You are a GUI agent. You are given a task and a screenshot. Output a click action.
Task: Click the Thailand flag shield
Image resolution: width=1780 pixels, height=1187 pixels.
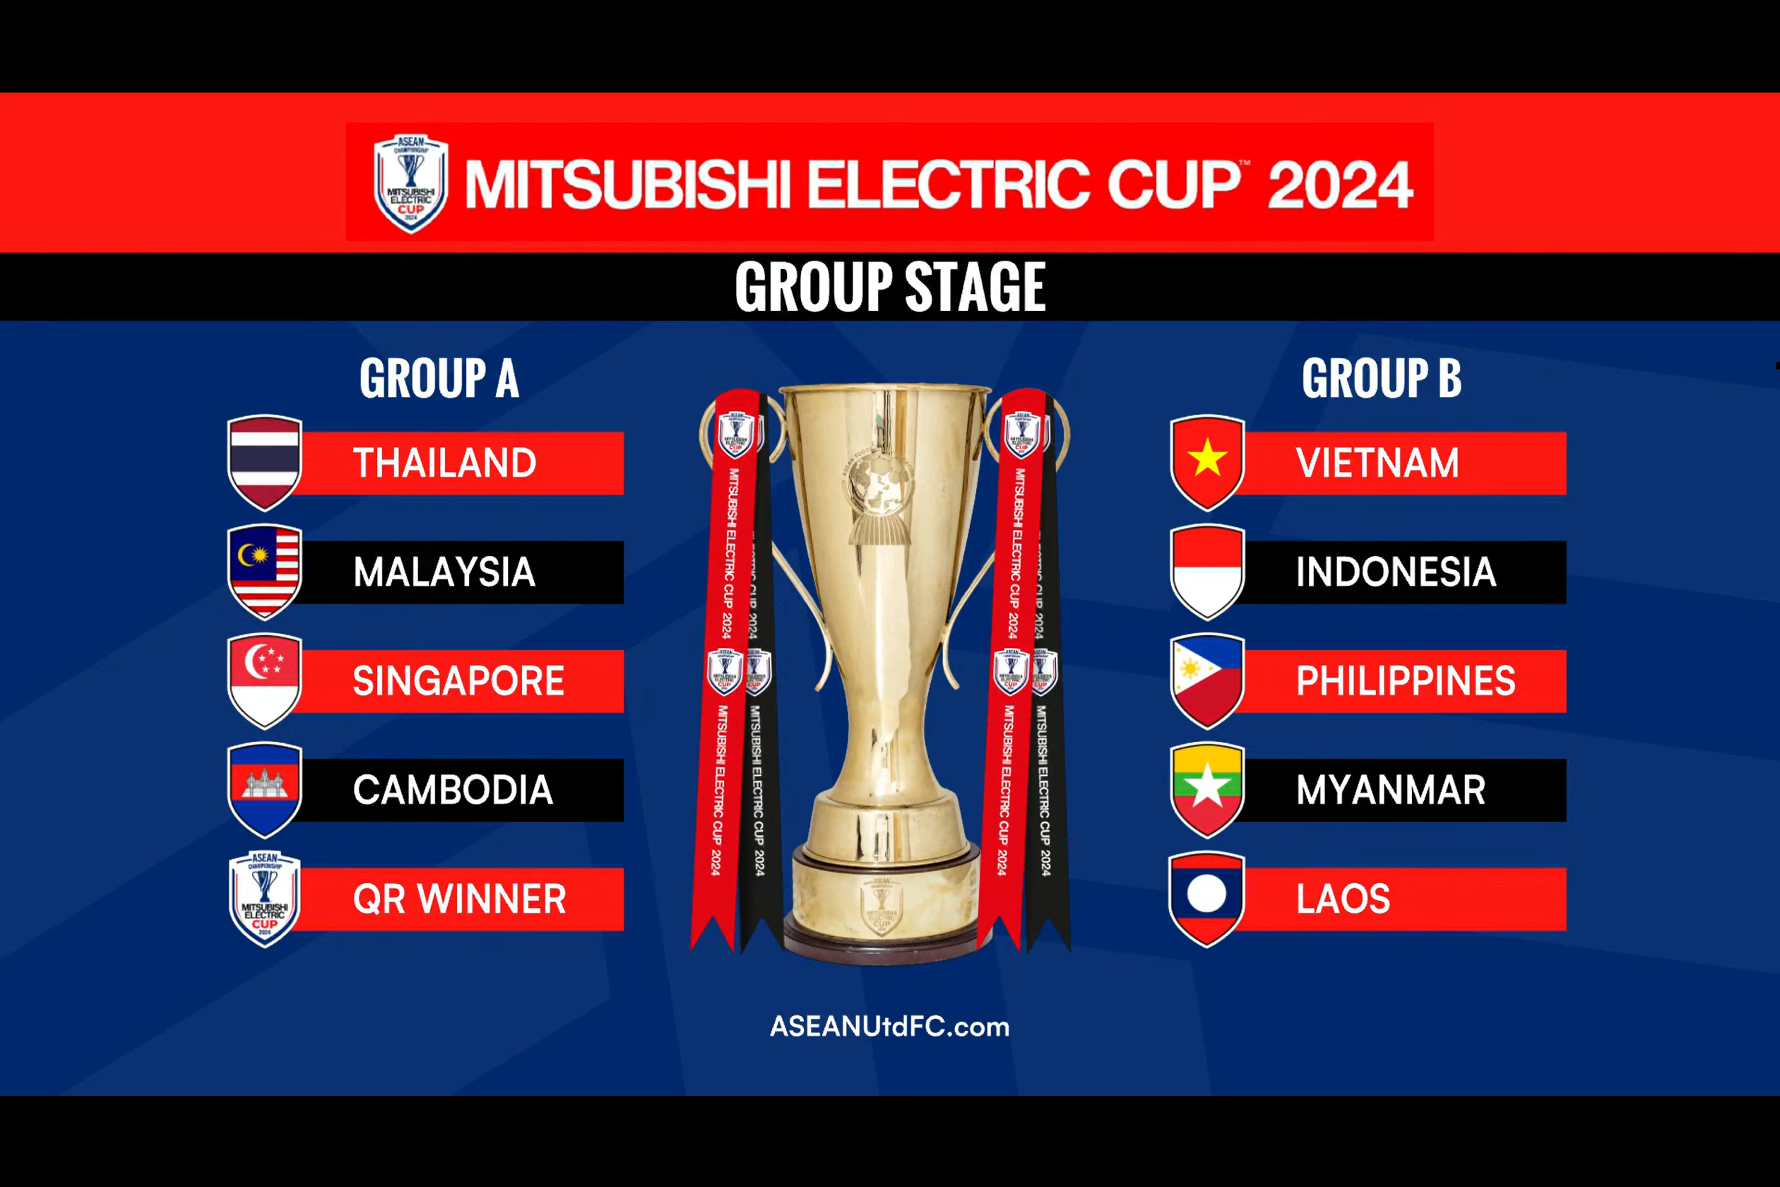(x=264, y=462)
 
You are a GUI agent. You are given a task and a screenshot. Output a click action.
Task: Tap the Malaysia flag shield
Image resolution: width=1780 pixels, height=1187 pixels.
(x=264, y=571)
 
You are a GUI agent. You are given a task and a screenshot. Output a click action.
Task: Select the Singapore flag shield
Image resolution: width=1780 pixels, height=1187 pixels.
(x=264, y=680)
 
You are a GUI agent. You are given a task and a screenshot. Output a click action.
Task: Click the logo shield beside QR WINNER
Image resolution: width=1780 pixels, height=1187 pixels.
(x=264, y=899)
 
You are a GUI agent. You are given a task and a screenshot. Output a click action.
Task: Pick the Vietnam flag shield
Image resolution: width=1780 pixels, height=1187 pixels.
(x=1207, y=462)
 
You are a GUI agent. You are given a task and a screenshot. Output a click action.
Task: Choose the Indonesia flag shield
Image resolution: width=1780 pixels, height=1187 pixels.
(x=1207, y=571)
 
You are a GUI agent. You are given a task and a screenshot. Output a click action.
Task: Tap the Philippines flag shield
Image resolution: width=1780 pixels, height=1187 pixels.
(x=1207, y=680)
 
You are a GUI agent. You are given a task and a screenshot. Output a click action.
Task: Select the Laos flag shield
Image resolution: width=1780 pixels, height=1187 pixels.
(x=1207, y=899)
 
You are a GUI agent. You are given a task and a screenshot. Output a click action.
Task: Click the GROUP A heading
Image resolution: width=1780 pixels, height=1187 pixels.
(x=439, y=378)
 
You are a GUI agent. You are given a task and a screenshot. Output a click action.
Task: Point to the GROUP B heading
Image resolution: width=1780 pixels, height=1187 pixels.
(x=1381, y=378)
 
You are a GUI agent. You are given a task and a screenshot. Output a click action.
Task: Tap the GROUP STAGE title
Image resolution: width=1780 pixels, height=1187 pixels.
(x=890, y=287)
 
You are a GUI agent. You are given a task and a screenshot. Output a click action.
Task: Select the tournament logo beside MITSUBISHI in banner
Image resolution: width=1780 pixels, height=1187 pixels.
(x=411, y=183)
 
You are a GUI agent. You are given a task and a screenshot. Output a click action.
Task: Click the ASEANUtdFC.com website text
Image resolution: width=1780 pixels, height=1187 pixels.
(x=889, y=1027)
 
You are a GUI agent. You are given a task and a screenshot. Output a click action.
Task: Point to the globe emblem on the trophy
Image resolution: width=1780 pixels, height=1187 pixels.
(x=879, y=484)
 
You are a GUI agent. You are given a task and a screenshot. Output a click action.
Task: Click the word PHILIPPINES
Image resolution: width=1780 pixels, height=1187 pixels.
(x=1406, y=680)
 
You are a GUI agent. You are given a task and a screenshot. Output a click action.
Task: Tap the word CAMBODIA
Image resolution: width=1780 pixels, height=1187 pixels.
(x=453, y=790)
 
